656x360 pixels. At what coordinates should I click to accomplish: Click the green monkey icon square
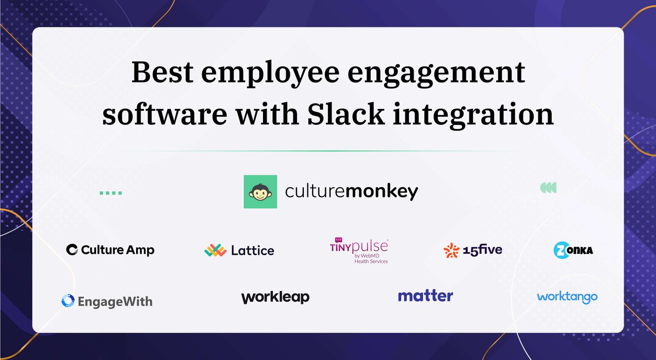click(x=260, y=192)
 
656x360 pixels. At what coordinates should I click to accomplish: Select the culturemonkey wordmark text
click(x=351, y=192)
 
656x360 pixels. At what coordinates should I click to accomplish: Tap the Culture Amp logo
click(x=110, y=250)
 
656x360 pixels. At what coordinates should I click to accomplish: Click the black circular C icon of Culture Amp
click(x=72, y=250)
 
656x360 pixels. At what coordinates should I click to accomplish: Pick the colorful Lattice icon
click(x=215, y=250)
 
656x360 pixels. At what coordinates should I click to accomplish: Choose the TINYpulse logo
click(x=359, y=250)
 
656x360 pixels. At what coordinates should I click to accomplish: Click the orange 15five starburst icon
click(x=451, y=250)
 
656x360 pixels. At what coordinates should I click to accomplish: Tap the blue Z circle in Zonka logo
click(x=561, y=250)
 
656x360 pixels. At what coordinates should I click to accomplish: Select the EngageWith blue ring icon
click(x=68, y=301)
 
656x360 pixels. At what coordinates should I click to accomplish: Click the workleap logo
click(x=275, y=298)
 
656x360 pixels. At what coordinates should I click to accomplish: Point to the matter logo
click(x=425, y=296)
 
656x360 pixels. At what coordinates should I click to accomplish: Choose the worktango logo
click(x=567, y=297)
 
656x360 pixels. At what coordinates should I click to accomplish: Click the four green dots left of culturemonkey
click(x=110, y=193)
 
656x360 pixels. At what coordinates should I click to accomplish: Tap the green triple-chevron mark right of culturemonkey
click(x=548, y=188)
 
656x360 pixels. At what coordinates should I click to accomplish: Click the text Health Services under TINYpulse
click(x=371, y=261)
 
